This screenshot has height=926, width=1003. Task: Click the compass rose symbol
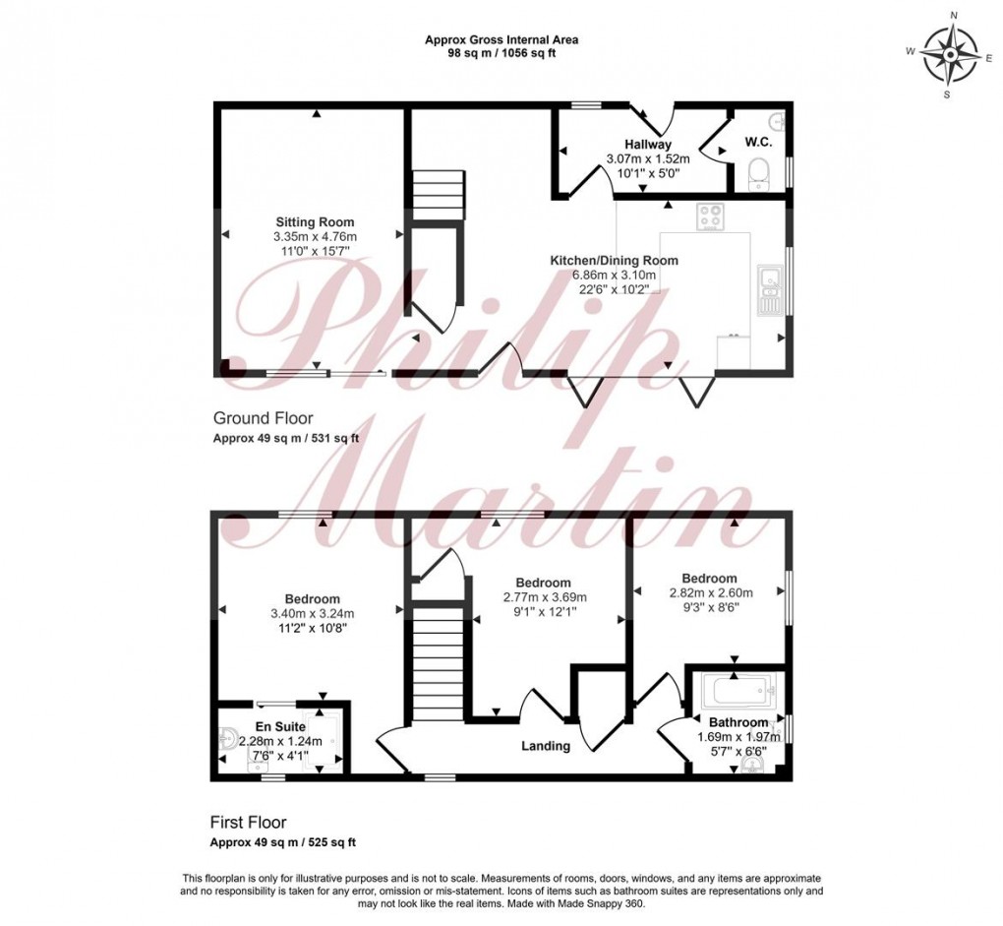click(950, 55)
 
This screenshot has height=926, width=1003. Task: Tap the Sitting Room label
click(315, 222)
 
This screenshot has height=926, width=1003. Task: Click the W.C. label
click(757, 143)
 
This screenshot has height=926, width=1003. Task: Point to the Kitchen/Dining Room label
click(614, 261)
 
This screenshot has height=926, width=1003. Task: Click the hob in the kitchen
click(710, 216)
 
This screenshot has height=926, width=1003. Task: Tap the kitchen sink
click(770, 289)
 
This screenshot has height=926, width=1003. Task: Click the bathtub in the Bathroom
click(737, 690)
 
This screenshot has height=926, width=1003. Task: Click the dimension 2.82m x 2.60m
click(710, 593)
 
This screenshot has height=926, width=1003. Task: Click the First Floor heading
click(248, 822)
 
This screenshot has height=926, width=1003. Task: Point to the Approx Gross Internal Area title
click(501, 40)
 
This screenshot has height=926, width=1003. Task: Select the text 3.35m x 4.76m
click(315, 237)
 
